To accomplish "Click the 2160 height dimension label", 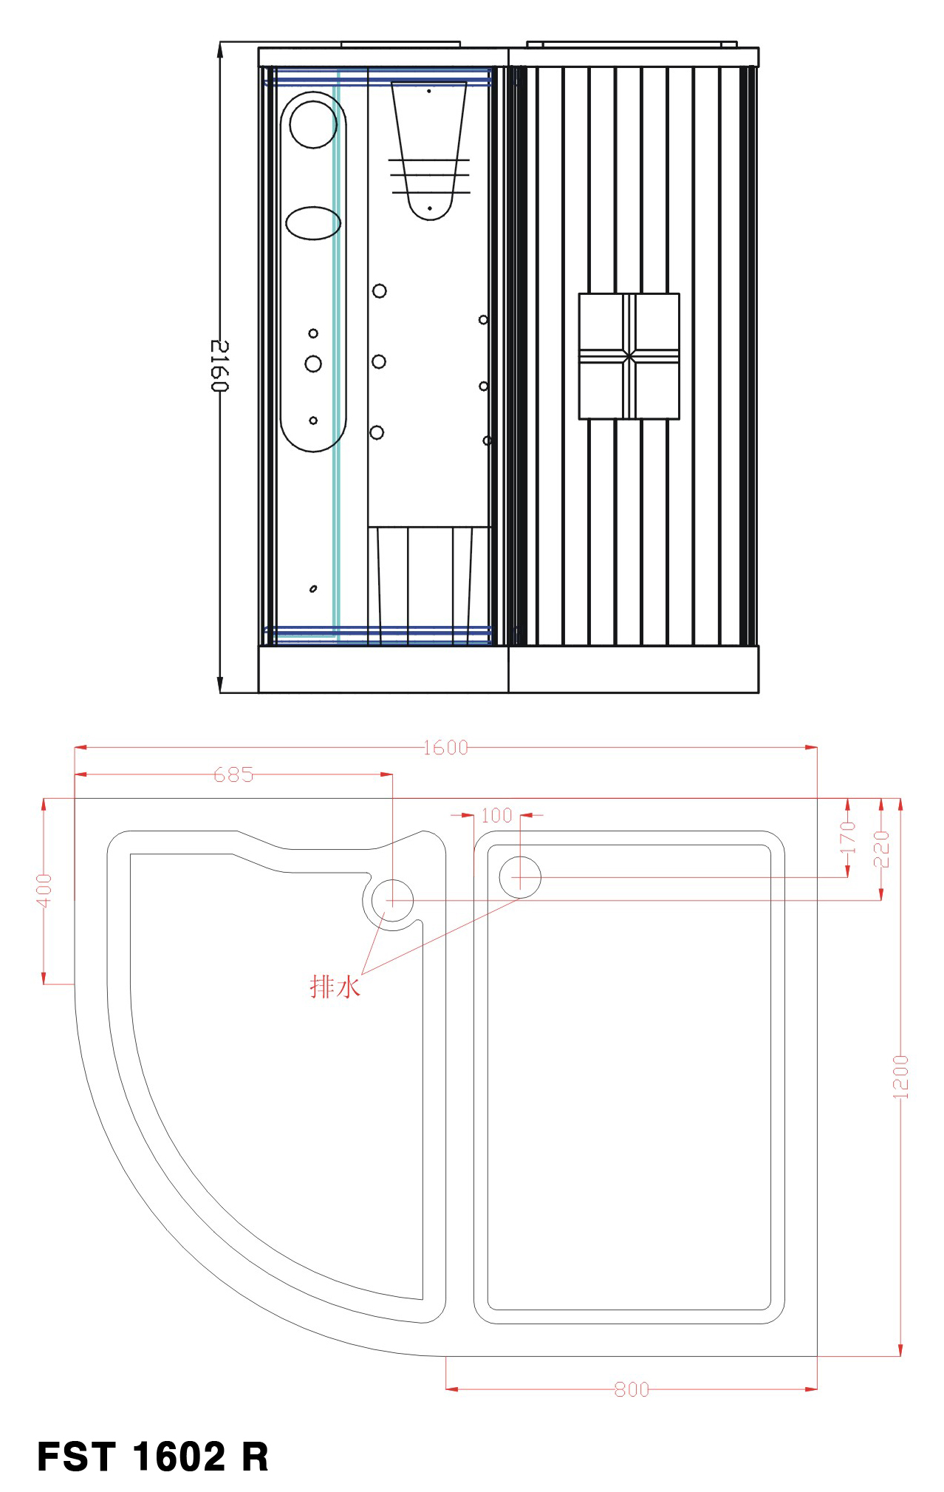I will (x=219, y=366).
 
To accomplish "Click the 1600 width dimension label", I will (x=445, y=748).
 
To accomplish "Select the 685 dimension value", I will (x=233, y=774).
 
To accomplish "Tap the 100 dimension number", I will (x=496, y=815).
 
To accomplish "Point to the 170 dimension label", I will (x=848, y=837).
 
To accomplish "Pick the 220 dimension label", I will (x=881, y=849).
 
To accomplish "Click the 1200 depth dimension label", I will (x=900, y=1077).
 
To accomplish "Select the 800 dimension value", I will (x=632, y=1390).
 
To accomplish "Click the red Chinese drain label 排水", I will (x=335, y=987).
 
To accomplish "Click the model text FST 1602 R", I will (x=153, y=1457).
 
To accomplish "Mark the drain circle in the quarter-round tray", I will (x=391, y=900).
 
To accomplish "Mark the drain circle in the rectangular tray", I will (x=520, y=877).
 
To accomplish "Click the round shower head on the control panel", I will (x=313, y=124).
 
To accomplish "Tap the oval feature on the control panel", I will (x=313, y=223).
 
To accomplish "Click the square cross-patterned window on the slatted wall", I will (x=629, y=356).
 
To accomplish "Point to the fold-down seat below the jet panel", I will (x=428, y=584).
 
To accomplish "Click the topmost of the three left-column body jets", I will (x=380, y=291).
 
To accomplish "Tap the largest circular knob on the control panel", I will (x=313, y=364).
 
